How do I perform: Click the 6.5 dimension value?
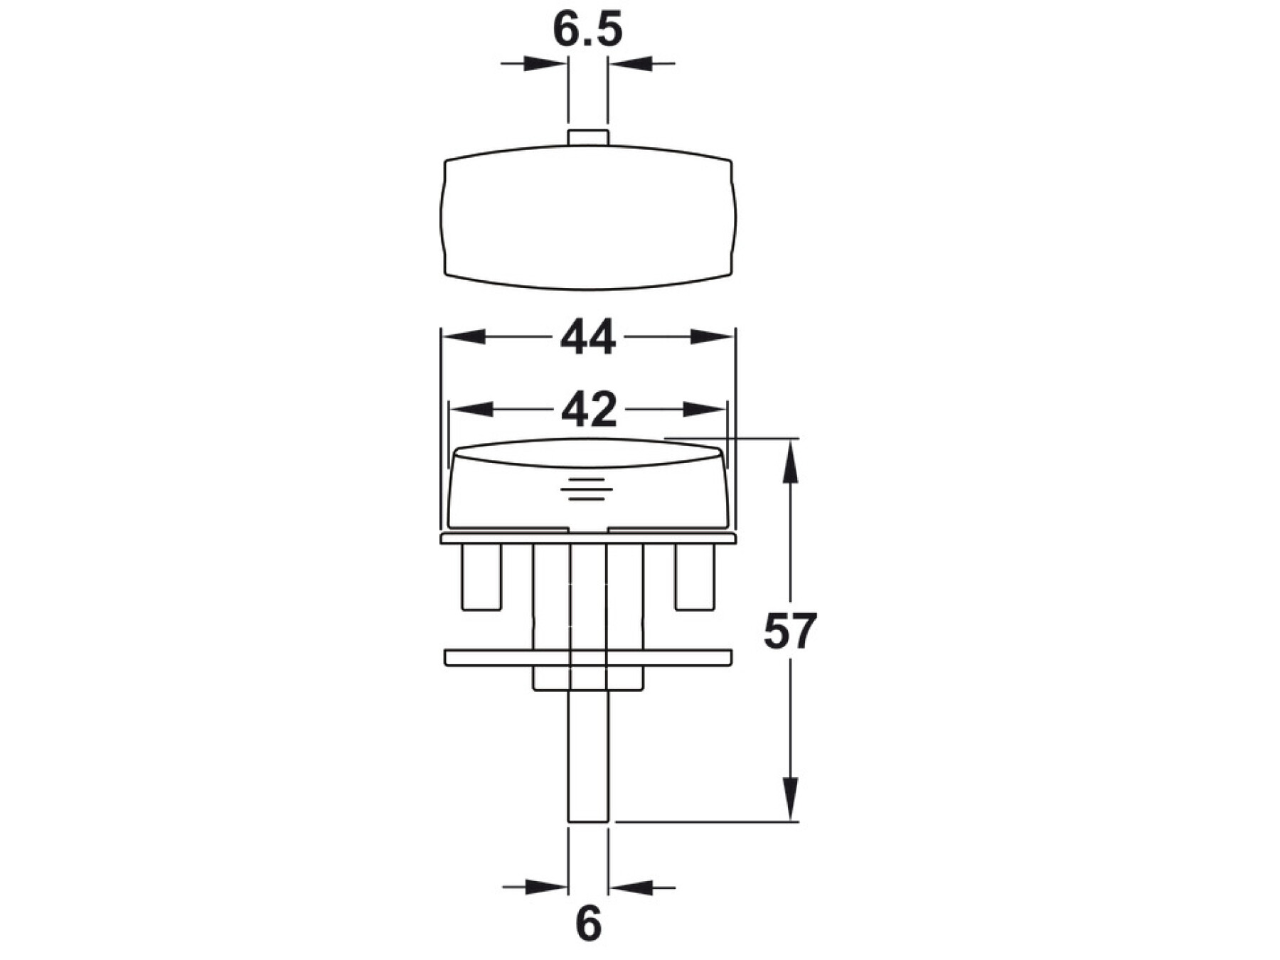click(x=587, y=30)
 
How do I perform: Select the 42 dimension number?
click(x=588, y=410)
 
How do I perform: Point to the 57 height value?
click(x=790, y=631)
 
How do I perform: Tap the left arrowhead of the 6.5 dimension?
click(x=546, y=63)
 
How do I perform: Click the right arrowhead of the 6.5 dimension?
click(x=630, y=63)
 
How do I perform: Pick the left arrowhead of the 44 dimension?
click(x=464, y=336)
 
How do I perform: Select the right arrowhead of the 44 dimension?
click(x=713, y=336)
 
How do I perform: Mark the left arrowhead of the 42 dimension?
click(x=471, y=410)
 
